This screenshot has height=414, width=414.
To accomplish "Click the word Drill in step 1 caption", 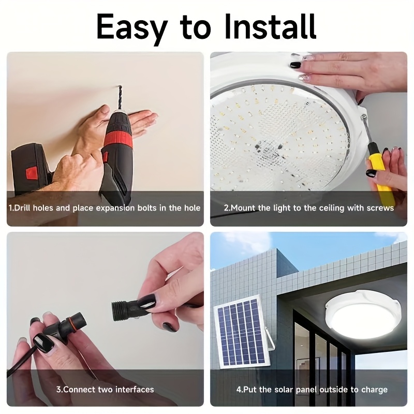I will point(25,208).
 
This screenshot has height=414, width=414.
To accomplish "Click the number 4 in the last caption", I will point(239,389).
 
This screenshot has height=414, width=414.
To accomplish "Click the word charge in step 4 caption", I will point(374,389).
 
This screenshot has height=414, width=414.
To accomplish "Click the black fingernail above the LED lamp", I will point(295,65).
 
